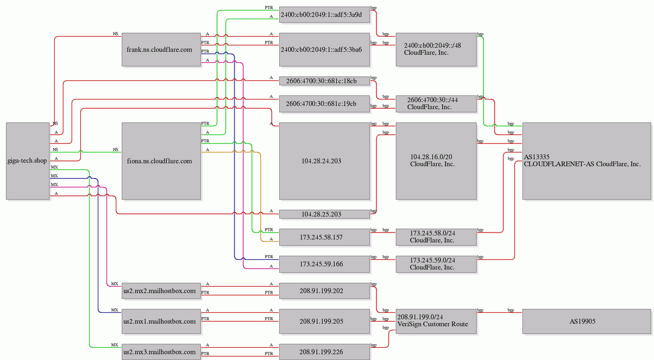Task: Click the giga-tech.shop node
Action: pyautogui.click(x=27, y=161)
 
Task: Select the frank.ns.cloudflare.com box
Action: pyautogui.click(x=161, y=49)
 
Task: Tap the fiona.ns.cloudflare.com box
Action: pyautogui.click(x=161, y=161)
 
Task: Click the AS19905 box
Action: pyautogui.click(x=587, y=321)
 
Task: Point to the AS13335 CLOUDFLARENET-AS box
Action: pyautogui.click(x=587, y=161)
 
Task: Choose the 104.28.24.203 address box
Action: pyautogui.click(x=325, y=161)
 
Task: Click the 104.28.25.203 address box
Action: pyautogui.click(x=325, y=214)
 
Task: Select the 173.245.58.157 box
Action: pyautogui.click(x=325, y=237)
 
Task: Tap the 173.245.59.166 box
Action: pyautogui.click(x=325, y=264)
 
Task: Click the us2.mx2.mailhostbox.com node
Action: pyautogui.click(x=161, y=291)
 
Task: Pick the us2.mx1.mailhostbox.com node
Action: pyautogui.click(x=161, y=321)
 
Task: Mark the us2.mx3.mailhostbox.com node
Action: pyautogui.click(x=161, y=352)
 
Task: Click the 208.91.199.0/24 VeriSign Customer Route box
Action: pyautogui.click(x=436, y=321)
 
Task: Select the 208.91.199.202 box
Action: pyautogui.click(x=325, y=291)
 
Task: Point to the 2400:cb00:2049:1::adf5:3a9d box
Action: pyautogui.click(x=325, y=15)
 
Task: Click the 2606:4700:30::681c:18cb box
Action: pyautogui.click(x=325, y=81)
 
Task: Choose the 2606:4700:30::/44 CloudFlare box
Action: pyautogui.click(x=436, y=104)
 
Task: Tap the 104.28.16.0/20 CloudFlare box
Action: pyautogui.click(x=436, y=161)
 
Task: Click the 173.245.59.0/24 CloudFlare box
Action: pyautogui.click(x=436, y=264)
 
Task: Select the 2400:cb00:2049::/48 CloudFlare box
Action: pyautogui.click(x=436, y=49)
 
